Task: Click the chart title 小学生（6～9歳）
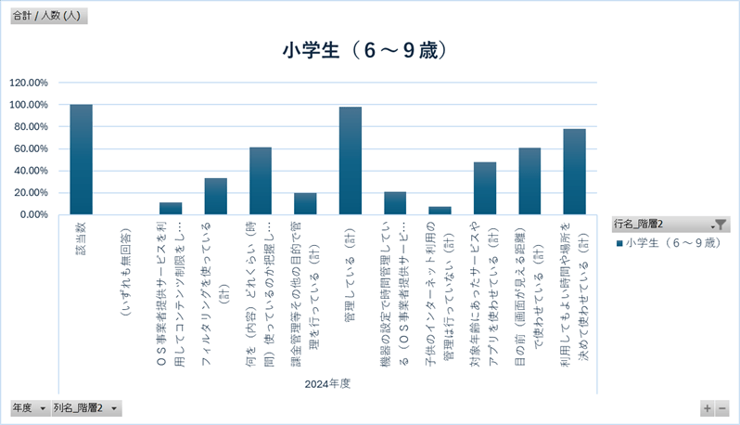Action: [369, 50]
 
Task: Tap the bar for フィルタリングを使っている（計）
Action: [216, 196]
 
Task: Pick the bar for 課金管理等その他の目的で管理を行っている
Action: [306, 203]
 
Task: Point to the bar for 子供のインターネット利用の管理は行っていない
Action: [440, 211]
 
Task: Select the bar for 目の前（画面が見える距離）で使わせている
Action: [529, 181]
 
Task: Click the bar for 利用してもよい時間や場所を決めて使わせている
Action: [574, 172]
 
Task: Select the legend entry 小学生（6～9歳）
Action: [667, 242]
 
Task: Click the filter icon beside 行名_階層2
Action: [720, 224]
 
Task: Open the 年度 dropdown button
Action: [43, 408]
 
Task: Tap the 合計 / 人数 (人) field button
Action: [48, 15]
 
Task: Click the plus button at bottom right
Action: [708, 408]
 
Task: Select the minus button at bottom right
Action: [722, 408]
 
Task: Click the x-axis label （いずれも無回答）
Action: [126, 269]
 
